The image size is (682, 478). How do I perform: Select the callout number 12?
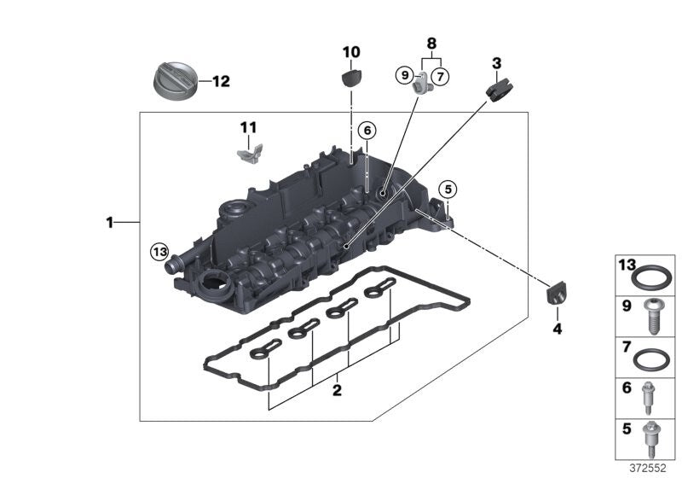220,82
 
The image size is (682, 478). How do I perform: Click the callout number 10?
351,53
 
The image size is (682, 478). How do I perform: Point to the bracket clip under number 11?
246,154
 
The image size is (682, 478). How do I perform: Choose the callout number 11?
247,128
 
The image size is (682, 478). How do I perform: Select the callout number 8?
431,42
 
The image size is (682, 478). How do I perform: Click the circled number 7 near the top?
440,77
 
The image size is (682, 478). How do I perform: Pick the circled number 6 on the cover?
367,131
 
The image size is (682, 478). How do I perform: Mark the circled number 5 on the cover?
447,189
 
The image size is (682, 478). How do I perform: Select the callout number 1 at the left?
110,224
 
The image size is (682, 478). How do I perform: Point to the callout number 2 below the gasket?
337,391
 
